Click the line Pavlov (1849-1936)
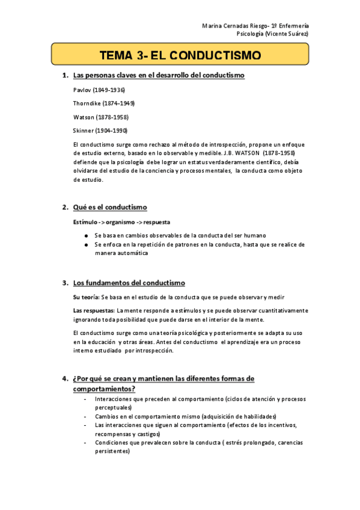click(99, 90)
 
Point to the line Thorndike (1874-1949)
click(103, 103)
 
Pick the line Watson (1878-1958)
click(100, 117)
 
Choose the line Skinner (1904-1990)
click(100, 130)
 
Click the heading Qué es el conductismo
click(109, 207)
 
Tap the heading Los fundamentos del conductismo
click(129, 283)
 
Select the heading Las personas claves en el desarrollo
click(158, 75)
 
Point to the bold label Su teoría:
click(85, 297)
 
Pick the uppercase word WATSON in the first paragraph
click(246, 153)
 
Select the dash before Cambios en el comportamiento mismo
click(85, 416)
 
